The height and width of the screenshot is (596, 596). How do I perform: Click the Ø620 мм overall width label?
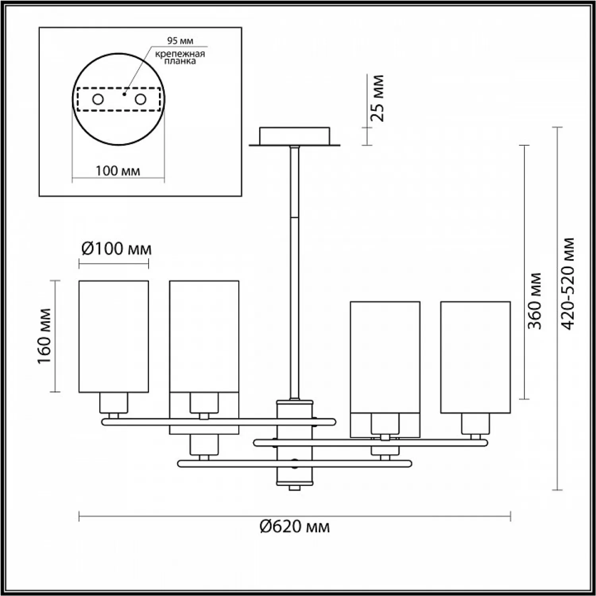pyautogui.click(x=294, y=526)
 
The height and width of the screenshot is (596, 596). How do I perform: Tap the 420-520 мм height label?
pyautogui.click(x=569, y=284)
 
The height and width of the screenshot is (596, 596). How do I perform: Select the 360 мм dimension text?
pyautogui.click(x=535, y=301)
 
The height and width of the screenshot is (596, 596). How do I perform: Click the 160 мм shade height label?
pyautogui.click(x=45, y=336)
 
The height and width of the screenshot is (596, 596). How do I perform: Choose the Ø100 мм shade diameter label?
pyautogui.click(x=116, y=249)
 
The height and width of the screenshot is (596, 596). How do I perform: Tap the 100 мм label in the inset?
pyautogui.click(x=118, y=171)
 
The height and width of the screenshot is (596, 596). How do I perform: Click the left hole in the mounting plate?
pyautogui.click(x=98, y=99)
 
